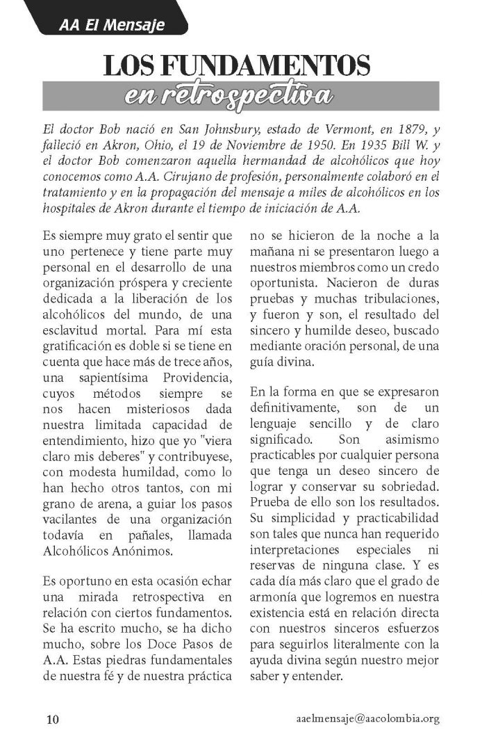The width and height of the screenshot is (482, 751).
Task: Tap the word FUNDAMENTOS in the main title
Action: pyautogui.click(x=265, y=67)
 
